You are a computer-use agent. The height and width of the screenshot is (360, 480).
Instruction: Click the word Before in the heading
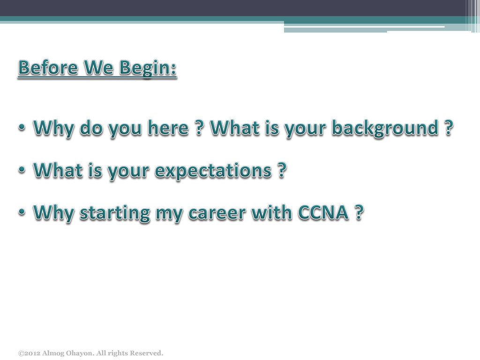[48, 67]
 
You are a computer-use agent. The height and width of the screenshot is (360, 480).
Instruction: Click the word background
[385, 128]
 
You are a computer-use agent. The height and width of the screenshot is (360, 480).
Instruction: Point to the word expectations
[213, 171]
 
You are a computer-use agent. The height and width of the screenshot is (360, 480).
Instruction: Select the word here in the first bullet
[168, 127]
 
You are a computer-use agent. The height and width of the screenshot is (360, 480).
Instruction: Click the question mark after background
[449, 127]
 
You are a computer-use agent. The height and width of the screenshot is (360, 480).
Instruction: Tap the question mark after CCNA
[360, 212]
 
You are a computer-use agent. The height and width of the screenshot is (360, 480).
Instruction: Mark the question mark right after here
[199, 127]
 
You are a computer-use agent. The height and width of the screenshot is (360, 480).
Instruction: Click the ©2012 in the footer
[29, 353]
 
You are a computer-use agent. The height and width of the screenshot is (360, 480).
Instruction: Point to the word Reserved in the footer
[147, 353]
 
